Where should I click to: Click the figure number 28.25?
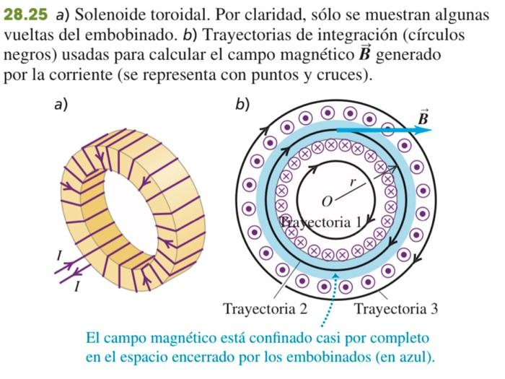(25, 14)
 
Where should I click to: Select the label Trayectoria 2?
(265, 309)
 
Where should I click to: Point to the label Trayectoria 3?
(395, 309)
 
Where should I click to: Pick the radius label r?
(352, 183)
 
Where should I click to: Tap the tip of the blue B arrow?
(431, 131)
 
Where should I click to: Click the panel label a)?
(61, 105)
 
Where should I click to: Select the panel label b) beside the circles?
(242, 105)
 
